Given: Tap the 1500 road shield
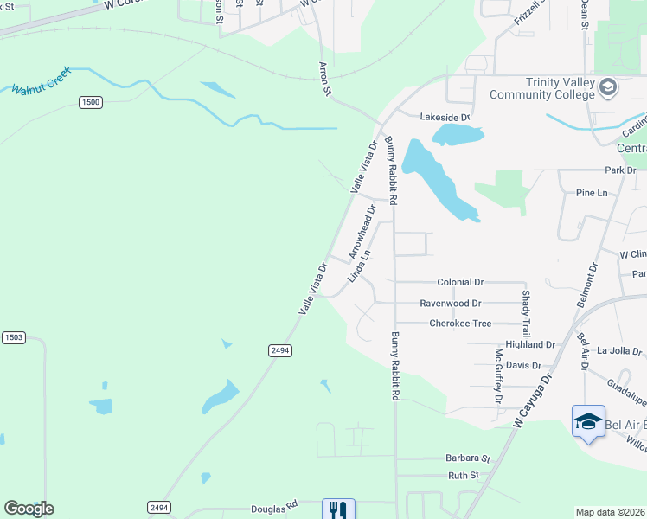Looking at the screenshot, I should (90, 102).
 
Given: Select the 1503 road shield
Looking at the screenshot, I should (13, 336).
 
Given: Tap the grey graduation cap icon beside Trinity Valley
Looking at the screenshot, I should (608, 86).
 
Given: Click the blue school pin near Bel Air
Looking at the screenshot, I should (588, 422).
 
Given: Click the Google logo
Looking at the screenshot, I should (29, 509).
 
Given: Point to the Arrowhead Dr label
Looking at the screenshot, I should (362, 232).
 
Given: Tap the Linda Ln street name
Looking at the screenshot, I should (359, 266).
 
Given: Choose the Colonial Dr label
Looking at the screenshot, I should (460, 282).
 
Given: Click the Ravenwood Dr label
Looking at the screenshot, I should (450, 304).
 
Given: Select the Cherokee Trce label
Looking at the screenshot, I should (460, 324).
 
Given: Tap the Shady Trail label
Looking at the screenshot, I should (526, 313).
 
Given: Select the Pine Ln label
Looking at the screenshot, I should (592, 193).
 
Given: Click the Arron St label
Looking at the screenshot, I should (325, 78).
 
